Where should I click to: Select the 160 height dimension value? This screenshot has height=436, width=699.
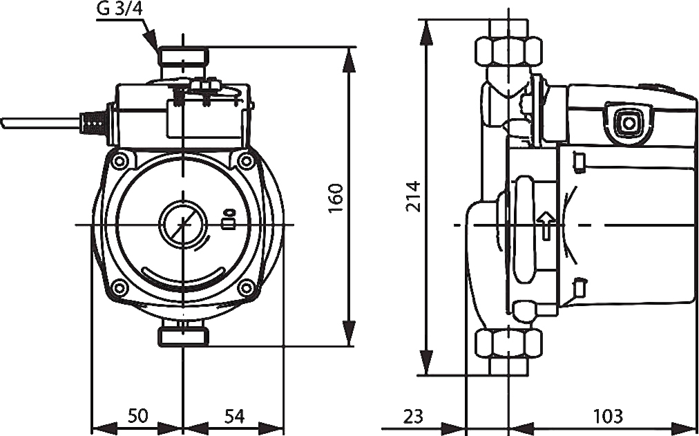(x=336, y=198)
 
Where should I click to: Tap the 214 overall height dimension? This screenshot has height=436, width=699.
(x=413, y=196)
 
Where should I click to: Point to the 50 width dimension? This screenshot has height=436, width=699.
(x=137, y=417)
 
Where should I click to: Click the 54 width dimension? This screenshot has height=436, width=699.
(x=234, y=417)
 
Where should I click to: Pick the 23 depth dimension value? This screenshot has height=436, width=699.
(x=413, y=417)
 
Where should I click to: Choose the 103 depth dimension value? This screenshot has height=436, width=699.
(x=608, y=417)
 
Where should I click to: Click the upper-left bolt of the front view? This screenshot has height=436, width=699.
(x=119, y=161)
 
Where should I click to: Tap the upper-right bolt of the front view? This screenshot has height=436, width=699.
(x=245, y=161)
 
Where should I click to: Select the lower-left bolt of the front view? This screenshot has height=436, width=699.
(x=119, y=287)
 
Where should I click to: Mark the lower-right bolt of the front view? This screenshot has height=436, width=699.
(x=245, y=287)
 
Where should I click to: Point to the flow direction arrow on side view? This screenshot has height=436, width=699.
(x=546, y=225)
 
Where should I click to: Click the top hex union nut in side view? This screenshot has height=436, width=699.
(x=508, y=52)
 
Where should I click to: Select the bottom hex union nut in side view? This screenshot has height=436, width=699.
(x=508, y=343)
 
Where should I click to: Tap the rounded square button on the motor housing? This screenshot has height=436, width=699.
(x=628, y=124)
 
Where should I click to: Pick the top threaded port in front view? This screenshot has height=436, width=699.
(x=183, y=57)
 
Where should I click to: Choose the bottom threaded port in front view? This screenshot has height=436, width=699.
(x=183, y=336)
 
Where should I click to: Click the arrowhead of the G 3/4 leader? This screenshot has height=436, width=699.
(x=153, y=39)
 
